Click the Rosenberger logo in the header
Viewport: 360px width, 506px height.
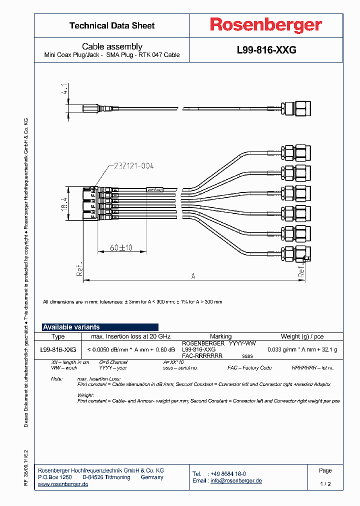265,25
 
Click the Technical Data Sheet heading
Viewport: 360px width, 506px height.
112,25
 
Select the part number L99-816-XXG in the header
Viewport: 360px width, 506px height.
266,50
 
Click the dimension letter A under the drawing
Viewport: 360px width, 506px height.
192,275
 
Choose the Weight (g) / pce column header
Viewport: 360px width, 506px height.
302,336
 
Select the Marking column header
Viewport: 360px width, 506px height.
220,336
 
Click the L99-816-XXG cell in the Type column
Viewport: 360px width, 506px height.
58,349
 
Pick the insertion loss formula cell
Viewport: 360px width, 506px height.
131,349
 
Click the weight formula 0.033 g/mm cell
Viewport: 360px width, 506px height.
302,349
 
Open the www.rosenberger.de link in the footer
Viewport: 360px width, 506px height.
63,484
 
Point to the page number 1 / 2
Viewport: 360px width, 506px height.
325,484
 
